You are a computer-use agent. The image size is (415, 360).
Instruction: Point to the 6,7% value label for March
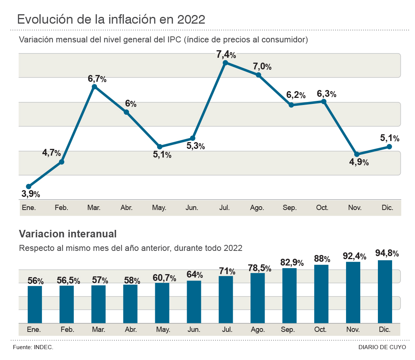97,79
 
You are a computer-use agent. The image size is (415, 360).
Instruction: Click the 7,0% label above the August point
262,67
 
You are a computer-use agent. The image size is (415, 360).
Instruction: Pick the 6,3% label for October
327,94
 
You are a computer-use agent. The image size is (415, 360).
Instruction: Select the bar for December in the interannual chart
385,291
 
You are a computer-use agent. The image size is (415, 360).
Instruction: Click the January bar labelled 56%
35,304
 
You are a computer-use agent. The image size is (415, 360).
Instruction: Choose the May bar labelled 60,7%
162,303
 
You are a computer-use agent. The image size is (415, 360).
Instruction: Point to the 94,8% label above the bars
387,253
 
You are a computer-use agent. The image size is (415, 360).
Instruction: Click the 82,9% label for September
292,261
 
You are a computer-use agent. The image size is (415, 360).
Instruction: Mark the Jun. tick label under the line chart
192,208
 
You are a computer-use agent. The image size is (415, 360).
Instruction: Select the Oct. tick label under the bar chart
320,330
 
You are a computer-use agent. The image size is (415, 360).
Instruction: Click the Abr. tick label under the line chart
126,208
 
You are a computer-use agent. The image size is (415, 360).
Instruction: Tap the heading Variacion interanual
68,234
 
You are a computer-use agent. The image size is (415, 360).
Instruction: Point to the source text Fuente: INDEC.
33,347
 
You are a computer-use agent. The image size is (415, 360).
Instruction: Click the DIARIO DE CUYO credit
382,347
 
